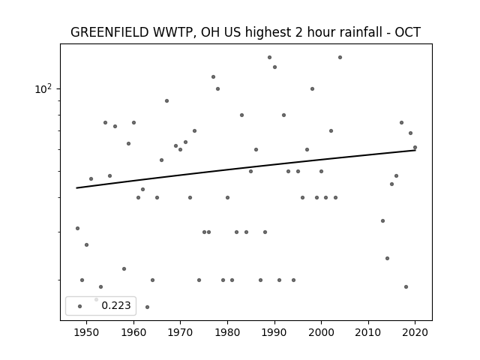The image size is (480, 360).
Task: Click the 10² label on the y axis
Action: [43, 89]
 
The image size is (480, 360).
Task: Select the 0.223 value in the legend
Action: [116, 305]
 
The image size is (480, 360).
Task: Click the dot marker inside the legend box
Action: [80, 306]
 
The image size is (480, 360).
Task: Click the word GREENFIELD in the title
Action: [109, 32]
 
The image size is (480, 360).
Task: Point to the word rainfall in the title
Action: [345, 32]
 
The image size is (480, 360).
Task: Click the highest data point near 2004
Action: [340, 58]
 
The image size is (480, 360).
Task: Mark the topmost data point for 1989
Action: [269, 58]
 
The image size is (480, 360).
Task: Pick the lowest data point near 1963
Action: [147, 307]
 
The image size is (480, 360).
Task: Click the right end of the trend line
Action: [415, 150]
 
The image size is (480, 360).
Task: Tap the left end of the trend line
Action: [76, 188]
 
